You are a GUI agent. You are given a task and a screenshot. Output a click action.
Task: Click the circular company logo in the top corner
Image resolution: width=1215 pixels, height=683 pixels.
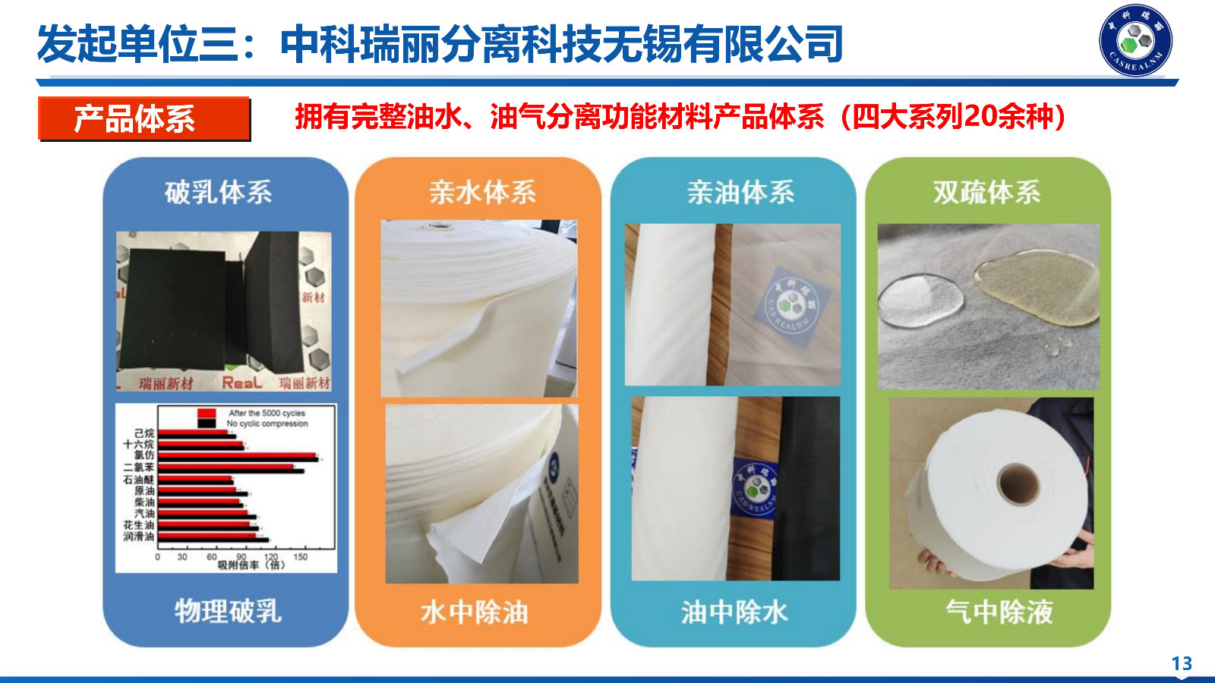1135,41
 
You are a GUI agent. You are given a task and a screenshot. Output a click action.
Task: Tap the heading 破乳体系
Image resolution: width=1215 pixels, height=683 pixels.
218,192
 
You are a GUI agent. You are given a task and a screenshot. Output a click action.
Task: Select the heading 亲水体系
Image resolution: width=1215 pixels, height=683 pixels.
482,192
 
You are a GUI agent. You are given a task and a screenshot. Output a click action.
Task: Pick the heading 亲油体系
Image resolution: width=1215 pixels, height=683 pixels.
740,192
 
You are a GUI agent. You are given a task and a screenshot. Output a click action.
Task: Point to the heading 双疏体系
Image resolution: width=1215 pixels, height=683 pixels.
986,192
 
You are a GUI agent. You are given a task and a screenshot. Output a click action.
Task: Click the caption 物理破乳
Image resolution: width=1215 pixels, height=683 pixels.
228,610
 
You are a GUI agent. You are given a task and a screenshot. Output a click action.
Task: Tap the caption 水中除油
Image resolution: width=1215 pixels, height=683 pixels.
474,612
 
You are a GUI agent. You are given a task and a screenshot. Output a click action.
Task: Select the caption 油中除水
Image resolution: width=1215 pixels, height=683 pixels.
734,612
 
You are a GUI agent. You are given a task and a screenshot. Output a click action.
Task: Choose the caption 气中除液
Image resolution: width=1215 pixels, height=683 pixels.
999,612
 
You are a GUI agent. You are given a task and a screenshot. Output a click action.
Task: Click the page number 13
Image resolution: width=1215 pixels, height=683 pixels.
1182,664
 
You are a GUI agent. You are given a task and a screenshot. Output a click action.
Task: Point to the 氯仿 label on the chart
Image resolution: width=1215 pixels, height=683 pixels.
144,455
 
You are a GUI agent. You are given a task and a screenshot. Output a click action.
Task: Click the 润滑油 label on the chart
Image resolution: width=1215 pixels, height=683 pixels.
139,537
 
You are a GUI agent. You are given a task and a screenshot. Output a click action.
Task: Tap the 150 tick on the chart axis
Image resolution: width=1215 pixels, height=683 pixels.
301,557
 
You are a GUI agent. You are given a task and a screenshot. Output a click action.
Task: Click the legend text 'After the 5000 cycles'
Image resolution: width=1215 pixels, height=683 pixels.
267,414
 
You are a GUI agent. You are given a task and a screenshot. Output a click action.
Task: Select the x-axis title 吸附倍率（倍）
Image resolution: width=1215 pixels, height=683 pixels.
251,565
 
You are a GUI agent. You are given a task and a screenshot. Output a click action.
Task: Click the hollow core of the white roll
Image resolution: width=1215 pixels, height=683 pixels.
1018,483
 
